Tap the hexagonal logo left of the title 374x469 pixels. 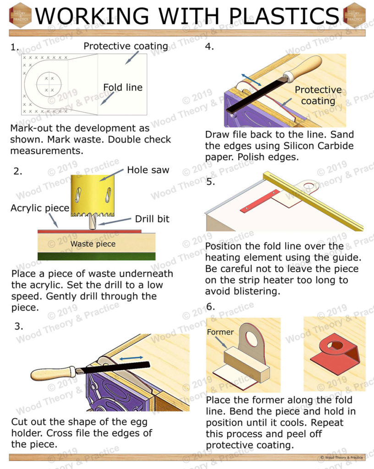[20, 15]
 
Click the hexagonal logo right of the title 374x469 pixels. [354, 15]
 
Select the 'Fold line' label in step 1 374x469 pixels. [122, 87]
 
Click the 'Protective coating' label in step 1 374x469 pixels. [126, 46]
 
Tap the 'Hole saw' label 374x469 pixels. [148, 170]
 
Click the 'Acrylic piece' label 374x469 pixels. [39, 208]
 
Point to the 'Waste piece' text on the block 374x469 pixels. [93, 244]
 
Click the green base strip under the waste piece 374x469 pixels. [96, 256]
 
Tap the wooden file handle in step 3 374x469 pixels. [52, 373]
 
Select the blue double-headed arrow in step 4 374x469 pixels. [252, 78]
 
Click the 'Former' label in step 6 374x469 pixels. [220, 332]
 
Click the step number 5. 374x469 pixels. [210, 182]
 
